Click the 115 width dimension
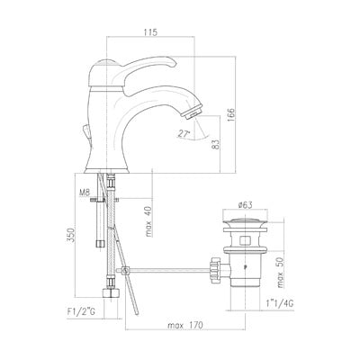click(x=150, y=32)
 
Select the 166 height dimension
click(x=231, y=114)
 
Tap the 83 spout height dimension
click(x=217, y=145)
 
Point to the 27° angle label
click(x=183, y=134)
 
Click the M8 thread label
click(x=85, y=193)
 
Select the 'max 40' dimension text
click(x=149, y=221)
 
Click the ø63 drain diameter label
click(x=245, y=205)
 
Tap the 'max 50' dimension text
click(x=280, y=274)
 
